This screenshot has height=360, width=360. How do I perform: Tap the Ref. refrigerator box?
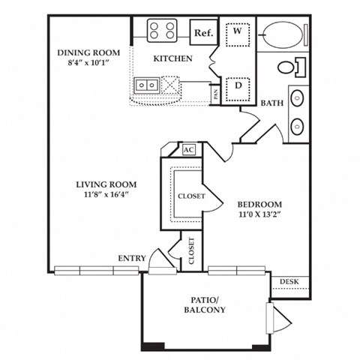pos(202,32)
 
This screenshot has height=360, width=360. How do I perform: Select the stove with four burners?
pos(161,30)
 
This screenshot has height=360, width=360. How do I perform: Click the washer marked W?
pos(237,32)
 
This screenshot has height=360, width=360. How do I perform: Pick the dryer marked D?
pos(237,85)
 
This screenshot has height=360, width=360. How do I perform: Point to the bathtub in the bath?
pos(281,34)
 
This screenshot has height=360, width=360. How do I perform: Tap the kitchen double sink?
pos(147,85)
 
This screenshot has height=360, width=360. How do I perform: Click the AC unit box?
pos(189,149)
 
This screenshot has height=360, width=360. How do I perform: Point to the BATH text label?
pos(271,103)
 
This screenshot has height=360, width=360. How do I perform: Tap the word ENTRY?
pos(131,258)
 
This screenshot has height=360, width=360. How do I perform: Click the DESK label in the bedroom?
pos(289,281)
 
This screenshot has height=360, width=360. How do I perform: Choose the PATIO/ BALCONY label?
pos(203,304)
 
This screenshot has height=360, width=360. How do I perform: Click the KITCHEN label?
pos(172,58)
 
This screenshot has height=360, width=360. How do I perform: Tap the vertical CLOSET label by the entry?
pos(190,251)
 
